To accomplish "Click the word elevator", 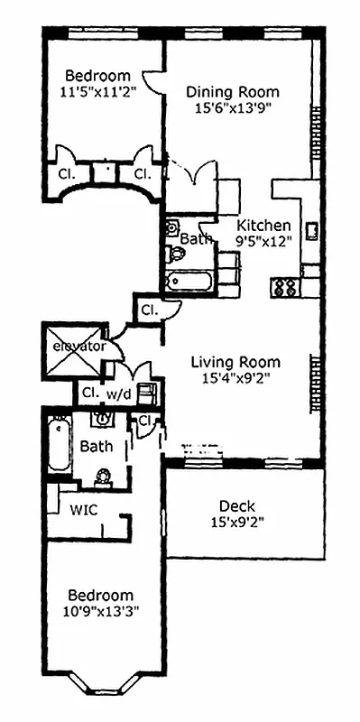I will click(x=79, y=346).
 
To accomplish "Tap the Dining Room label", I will click(x=232, y=91).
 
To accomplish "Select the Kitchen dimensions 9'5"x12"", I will click(x=263, y=242).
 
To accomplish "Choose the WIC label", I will click(x=84, y=509).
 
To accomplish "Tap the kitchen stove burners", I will click(x=285, y=288).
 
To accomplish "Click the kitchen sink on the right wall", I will click(x=310, y=230).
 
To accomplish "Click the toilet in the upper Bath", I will click(x=174, y=255).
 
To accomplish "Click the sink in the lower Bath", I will click(x=104, y=418).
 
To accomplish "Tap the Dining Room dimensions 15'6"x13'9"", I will click(x=233, y=107).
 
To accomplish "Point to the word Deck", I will click(x=237, y=505).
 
